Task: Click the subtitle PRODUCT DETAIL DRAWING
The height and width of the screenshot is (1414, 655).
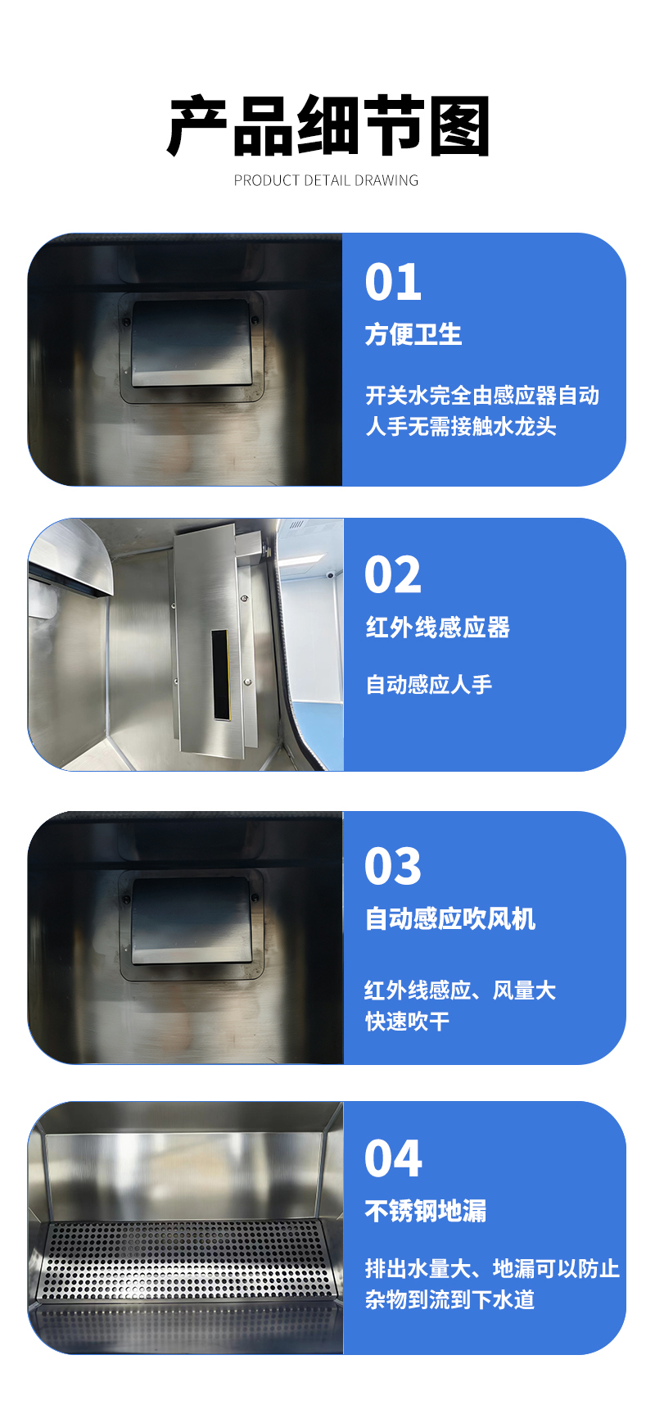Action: [x=326, y=180]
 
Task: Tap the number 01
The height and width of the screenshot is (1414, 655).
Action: [x=393, y=282]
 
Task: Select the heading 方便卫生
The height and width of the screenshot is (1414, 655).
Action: [x=413, y=334]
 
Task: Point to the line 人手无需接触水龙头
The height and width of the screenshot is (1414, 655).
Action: [x=461, y=427]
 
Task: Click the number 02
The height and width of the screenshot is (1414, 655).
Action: [x=393, y=575]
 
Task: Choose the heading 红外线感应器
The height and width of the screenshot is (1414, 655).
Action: [x=438, y=628]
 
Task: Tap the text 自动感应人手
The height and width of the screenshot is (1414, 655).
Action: [x=429, y=685]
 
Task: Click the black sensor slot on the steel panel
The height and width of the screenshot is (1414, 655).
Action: [x=221, y=675]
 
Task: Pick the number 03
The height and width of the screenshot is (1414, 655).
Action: [x=393, y=867]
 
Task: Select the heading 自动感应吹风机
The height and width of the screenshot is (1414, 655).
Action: [x=450, y=919]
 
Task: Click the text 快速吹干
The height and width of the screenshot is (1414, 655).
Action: [x=407, y=1022]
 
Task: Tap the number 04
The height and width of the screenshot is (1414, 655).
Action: [x=393, y=1158]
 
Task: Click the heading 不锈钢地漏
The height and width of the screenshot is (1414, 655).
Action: [x=426, y=1211]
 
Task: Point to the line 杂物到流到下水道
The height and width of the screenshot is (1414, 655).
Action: [x=449, y=1299]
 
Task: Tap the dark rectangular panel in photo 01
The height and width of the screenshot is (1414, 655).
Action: [x=192, y=342]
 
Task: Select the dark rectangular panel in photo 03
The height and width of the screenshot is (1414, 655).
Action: [x=192, y=920]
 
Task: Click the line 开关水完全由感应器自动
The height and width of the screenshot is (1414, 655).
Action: [x=482, y=396]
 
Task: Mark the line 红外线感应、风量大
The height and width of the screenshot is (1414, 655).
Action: [x=460, y=990]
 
